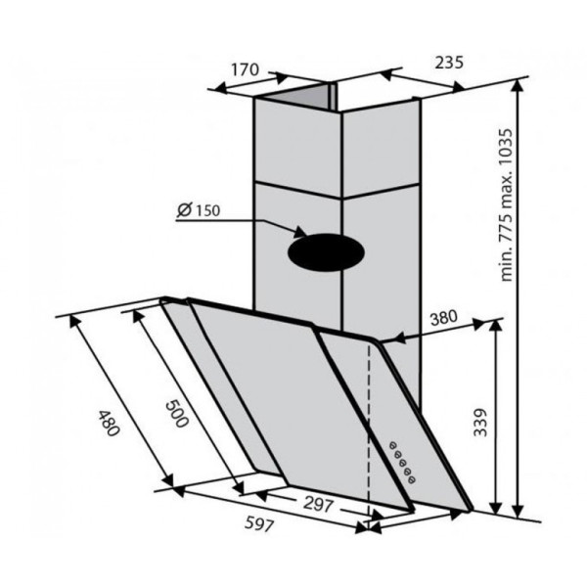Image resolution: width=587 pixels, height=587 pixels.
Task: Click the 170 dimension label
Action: (x=245, y=69)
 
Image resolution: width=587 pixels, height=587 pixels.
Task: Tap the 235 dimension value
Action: (x=449, y=63)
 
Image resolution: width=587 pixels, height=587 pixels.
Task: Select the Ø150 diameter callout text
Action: (x=199, y=210)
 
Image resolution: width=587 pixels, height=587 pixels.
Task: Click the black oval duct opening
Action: (x=326, y=252)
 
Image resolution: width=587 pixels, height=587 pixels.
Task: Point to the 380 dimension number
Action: (x=443, y=318)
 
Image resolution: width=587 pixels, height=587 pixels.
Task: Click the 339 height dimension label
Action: (x=480, y=423)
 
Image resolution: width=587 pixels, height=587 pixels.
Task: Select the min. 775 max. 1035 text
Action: (x=506, y=205)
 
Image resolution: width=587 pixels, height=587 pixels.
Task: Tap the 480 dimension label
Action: (x=109, y=424)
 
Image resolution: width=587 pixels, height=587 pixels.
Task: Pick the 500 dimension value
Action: (x=177, y=414)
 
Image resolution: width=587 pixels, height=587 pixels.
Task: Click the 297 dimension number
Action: (x=318, y=504)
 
